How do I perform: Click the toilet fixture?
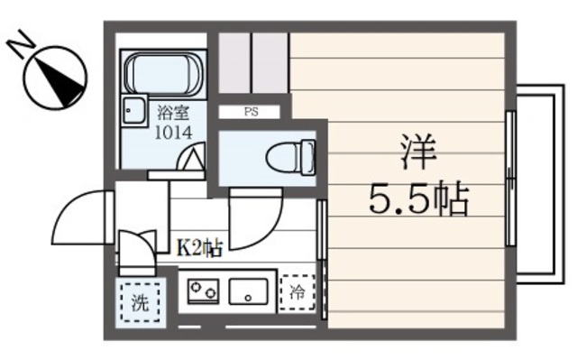click(290, 159)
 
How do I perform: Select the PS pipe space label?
click(249, 112)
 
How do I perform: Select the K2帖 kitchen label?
click(198, 246)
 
